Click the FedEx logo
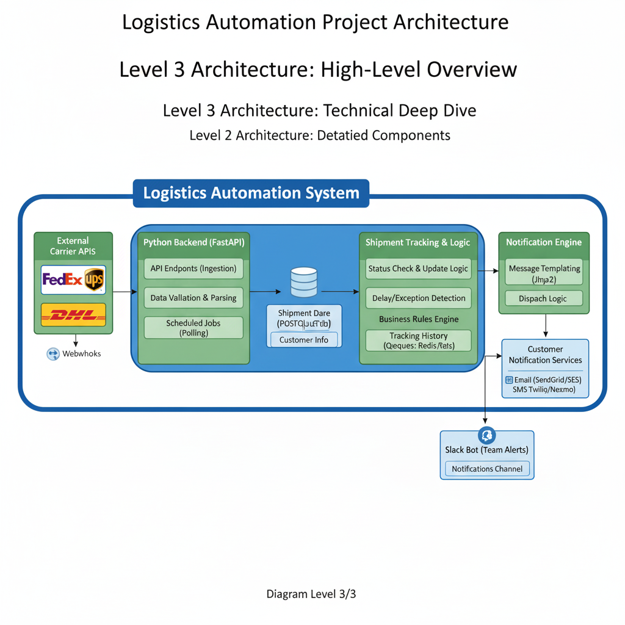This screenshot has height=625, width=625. tap(62, 280)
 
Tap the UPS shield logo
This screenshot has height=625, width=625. tap(93, 280)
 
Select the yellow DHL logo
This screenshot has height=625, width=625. tap(73, 315)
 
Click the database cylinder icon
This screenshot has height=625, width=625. tap(304, 281)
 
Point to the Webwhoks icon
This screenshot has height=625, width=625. tap(52, 353)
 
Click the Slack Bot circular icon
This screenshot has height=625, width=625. tap(487, 435)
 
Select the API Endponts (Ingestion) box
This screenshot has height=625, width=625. tap(193, 269)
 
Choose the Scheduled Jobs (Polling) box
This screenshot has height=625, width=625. tap(193, 328)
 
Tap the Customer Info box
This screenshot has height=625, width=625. tap(303, 340)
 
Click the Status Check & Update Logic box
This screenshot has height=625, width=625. tap(418, 269)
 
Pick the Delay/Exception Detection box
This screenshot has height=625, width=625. tap(418, 298)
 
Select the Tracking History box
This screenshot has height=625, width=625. tap(418, 341)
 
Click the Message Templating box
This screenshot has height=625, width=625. tap(544, 273)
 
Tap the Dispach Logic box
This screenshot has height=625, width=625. tap(543, 298)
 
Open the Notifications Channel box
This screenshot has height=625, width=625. tap(487, 469)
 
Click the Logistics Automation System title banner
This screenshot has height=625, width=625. tap(251, 193)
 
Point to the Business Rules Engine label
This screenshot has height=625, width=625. tap(418, 319)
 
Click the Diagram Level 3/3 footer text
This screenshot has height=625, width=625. tap(311, 593)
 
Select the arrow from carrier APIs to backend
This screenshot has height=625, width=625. tap(122, 292)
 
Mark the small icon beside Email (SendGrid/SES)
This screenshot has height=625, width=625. tap(509, 380)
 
